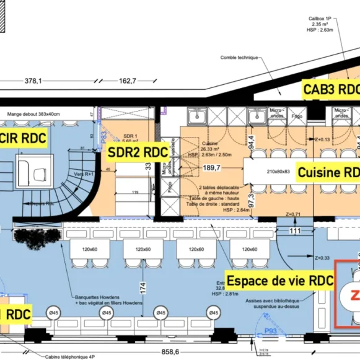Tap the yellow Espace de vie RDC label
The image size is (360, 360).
pos(279,280)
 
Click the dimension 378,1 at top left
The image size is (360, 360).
pos(33,81)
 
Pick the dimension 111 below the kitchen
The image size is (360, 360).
pos(295,230)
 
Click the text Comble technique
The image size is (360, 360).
pos(239,58)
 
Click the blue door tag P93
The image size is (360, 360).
pos(270,331)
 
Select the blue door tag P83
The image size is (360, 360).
pos(103,136)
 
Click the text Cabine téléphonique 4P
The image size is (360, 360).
pos(70,356)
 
